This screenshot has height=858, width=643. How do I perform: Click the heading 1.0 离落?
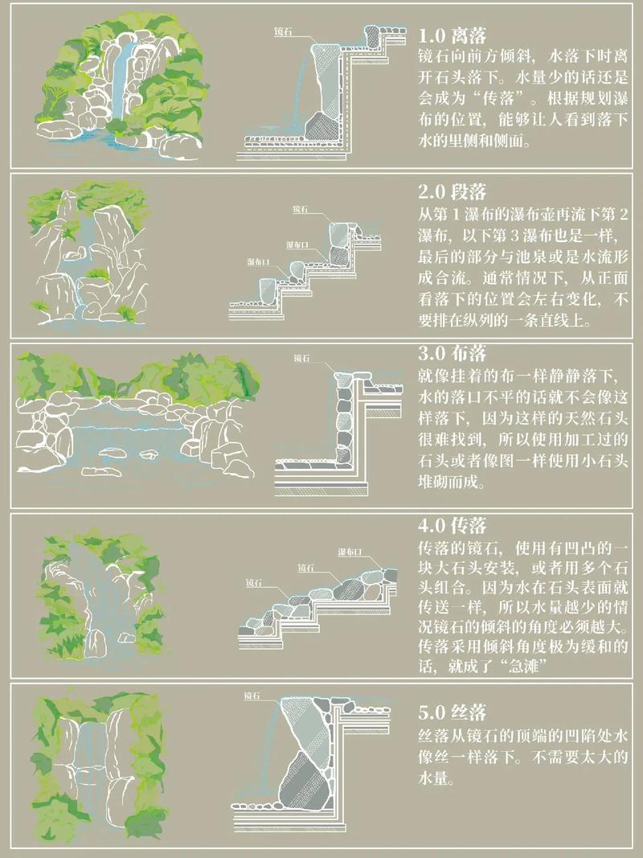(453, 35)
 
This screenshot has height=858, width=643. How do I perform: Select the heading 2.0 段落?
(453, 192)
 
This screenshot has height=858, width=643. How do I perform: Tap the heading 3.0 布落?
(453, 354)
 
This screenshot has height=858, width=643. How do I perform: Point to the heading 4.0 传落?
(453, 526)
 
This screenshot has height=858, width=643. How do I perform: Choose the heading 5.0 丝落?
(453, 712)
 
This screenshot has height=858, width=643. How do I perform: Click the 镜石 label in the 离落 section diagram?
(283, 31)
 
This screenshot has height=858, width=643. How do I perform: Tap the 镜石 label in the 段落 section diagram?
(300, 208)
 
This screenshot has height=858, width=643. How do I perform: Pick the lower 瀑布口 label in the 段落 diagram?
(259, 262)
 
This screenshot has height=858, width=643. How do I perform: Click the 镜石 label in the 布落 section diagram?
(302, 358)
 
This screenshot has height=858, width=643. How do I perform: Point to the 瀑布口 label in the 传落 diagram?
(350, 552)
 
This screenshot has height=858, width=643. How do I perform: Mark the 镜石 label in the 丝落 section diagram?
(252, 696)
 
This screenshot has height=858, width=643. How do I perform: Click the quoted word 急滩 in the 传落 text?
(522, 667)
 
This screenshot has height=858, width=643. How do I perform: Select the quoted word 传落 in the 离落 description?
(494, 99)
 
